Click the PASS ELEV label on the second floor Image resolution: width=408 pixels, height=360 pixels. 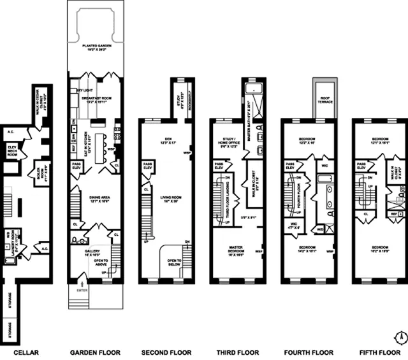tap(148, 166)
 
